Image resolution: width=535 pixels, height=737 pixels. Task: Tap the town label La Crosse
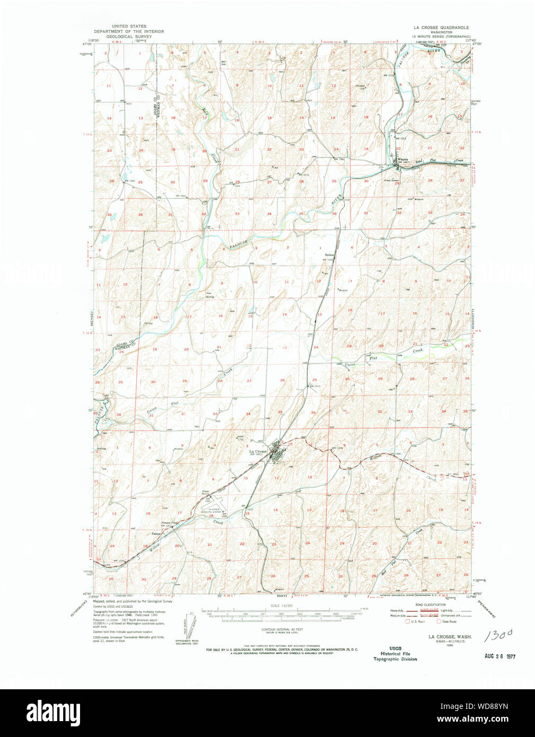258,451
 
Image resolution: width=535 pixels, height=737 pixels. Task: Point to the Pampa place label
156,533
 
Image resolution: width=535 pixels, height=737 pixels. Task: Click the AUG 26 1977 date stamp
499,656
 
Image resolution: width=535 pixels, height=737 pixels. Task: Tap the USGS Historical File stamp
395,653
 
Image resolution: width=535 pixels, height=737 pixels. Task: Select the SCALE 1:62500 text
282,606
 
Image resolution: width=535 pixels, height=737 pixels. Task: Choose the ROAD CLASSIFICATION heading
430,604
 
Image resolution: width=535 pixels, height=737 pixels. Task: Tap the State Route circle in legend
438,621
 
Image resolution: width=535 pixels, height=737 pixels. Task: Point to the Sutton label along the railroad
328,254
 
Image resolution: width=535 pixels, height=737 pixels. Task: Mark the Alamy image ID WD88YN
480,706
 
